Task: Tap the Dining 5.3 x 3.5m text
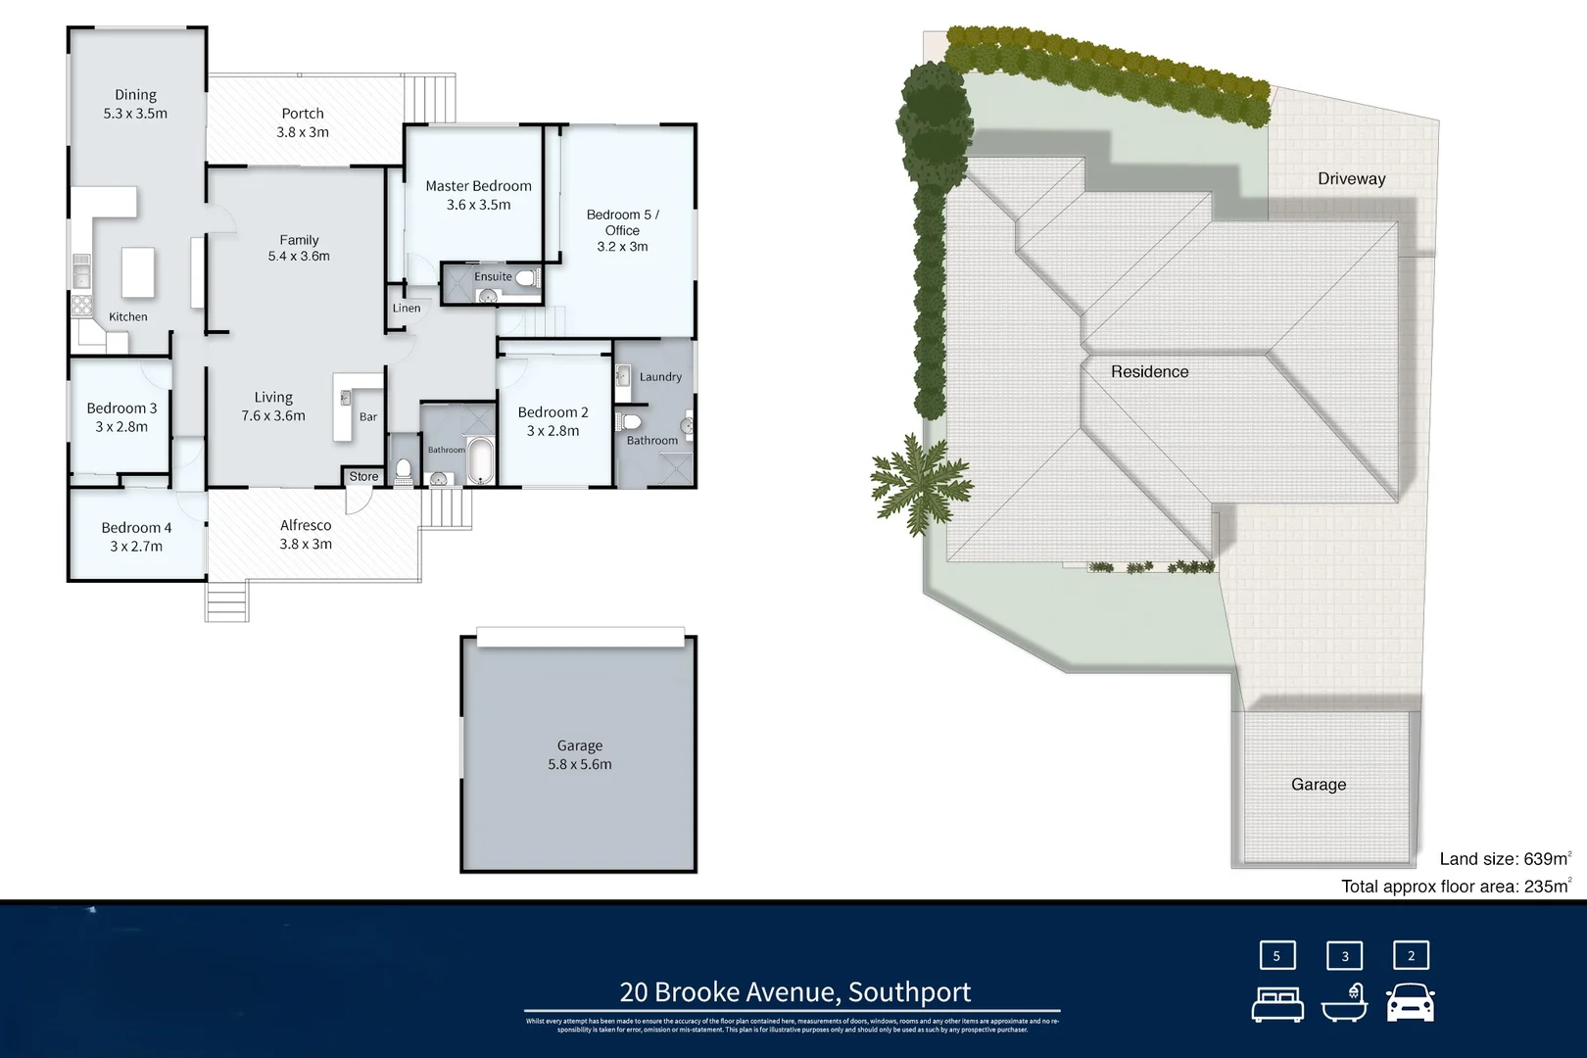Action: click(x=135, y=104)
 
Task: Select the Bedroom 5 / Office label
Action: click(x=622, y=229)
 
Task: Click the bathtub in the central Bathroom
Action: click(x=480, y=462)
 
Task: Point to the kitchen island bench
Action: click(x=138, y=272)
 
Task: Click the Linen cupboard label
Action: click(x=407, y=308)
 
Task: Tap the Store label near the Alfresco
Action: click(x=363, y=477)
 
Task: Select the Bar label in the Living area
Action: click(x=368, y=416)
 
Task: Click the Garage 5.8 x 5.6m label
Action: click(x=579, y=754)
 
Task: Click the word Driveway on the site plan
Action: click(x=1351, y=178)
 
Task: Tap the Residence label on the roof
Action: click(x=1149, y=371)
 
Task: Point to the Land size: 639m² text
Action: click(x=1505, y=859)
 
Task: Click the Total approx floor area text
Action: click(x=1456, y=887)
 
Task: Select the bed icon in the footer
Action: click(x=1277, y=1004)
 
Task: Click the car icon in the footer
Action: click(x=1411, y=1003)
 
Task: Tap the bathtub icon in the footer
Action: click(x=1344, y=1003)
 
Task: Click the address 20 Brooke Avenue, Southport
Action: click(x=794, y=991)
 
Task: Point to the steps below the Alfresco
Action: click(x=226, y=601)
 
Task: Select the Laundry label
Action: click(x=660, y=376)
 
